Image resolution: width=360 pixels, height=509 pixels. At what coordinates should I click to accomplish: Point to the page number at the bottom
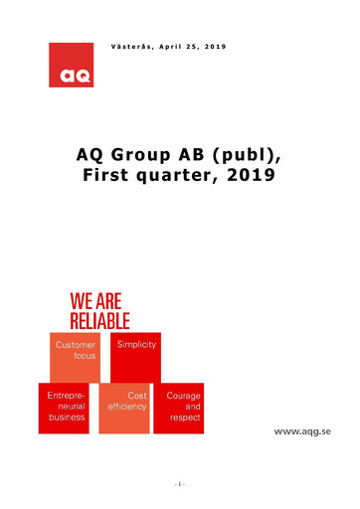[x=180, y=484]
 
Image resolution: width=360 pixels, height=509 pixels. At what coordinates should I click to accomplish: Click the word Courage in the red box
[x=183, y=396]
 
